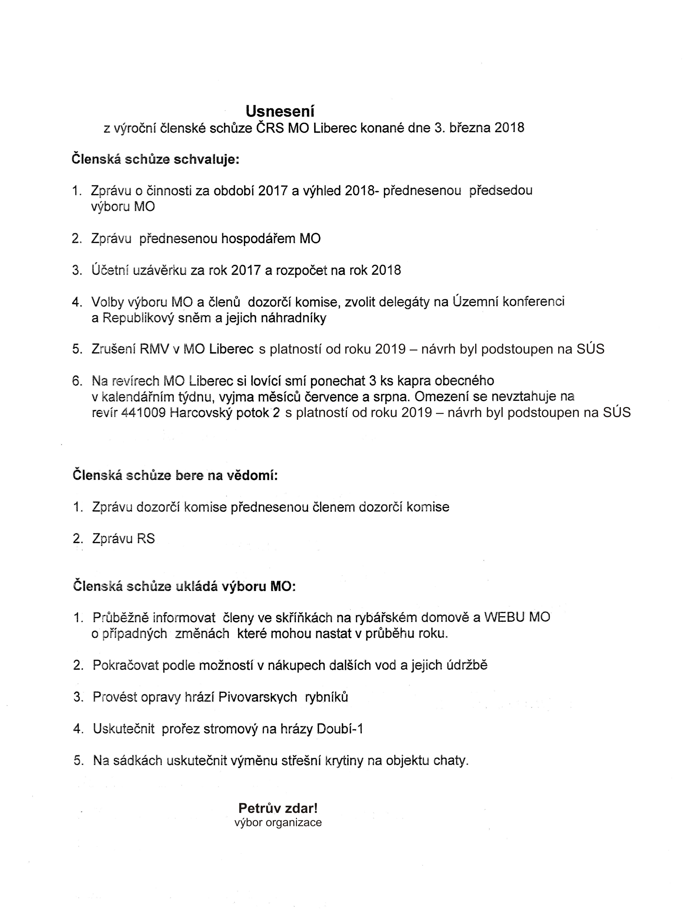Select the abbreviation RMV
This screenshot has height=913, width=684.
pyautogui.click(x=155, y=349)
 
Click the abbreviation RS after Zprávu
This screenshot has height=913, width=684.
pyautogui.click(x=145, y=539)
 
